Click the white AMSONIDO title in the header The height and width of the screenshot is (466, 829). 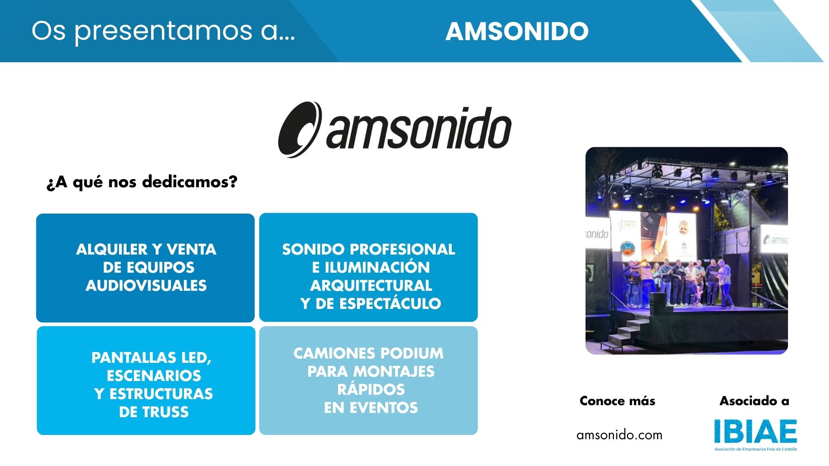517,31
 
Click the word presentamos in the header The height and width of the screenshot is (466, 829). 164,31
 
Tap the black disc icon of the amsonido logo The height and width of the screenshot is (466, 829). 300,129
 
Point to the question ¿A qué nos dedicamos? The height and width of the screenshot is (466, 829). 142,182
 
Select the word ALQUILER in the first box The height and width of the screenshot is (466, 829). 112,249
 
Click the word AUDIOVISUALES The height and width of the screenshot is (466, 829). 146,286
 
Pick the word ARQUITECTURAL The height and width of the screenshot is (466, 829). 371,286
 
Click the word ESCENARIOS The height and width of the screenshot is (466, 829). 154,376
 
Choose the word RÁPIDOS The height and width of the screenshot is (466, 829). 371,390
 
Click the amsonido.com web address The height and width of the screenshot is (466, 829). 619,435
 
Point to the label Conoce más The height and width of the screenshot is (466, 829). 617,401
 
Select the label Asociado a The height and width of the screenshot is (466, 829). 754,401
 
